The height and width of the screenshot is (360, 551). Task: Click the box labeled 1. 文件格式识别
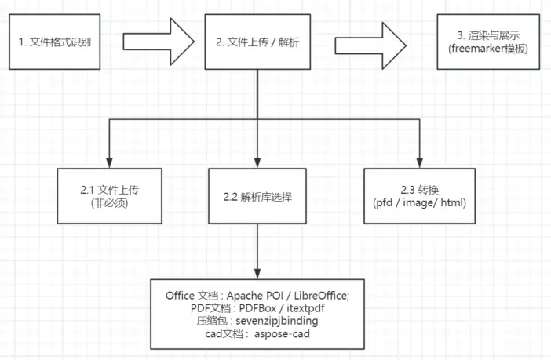(56, 40)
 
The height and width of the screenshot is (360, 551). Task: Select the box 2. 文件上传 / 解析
(257, 40)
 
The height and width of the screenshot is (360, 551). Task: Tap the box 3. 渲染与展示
(489, 40)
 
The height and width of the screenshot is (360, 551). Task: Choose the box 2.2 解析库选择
(258, 196)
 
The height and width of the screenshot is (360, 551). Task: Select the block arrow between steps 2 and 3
(368, 40)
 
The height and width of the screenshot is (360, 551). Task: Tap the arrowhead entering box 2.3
(419, 162)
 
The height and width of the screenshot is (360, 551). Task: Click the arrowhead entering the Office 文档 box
(258, 272)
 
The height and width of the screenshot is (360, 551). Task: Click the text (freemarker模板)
(489, 47)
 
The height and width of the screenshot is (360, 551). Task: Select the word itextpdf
(301, 308)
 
